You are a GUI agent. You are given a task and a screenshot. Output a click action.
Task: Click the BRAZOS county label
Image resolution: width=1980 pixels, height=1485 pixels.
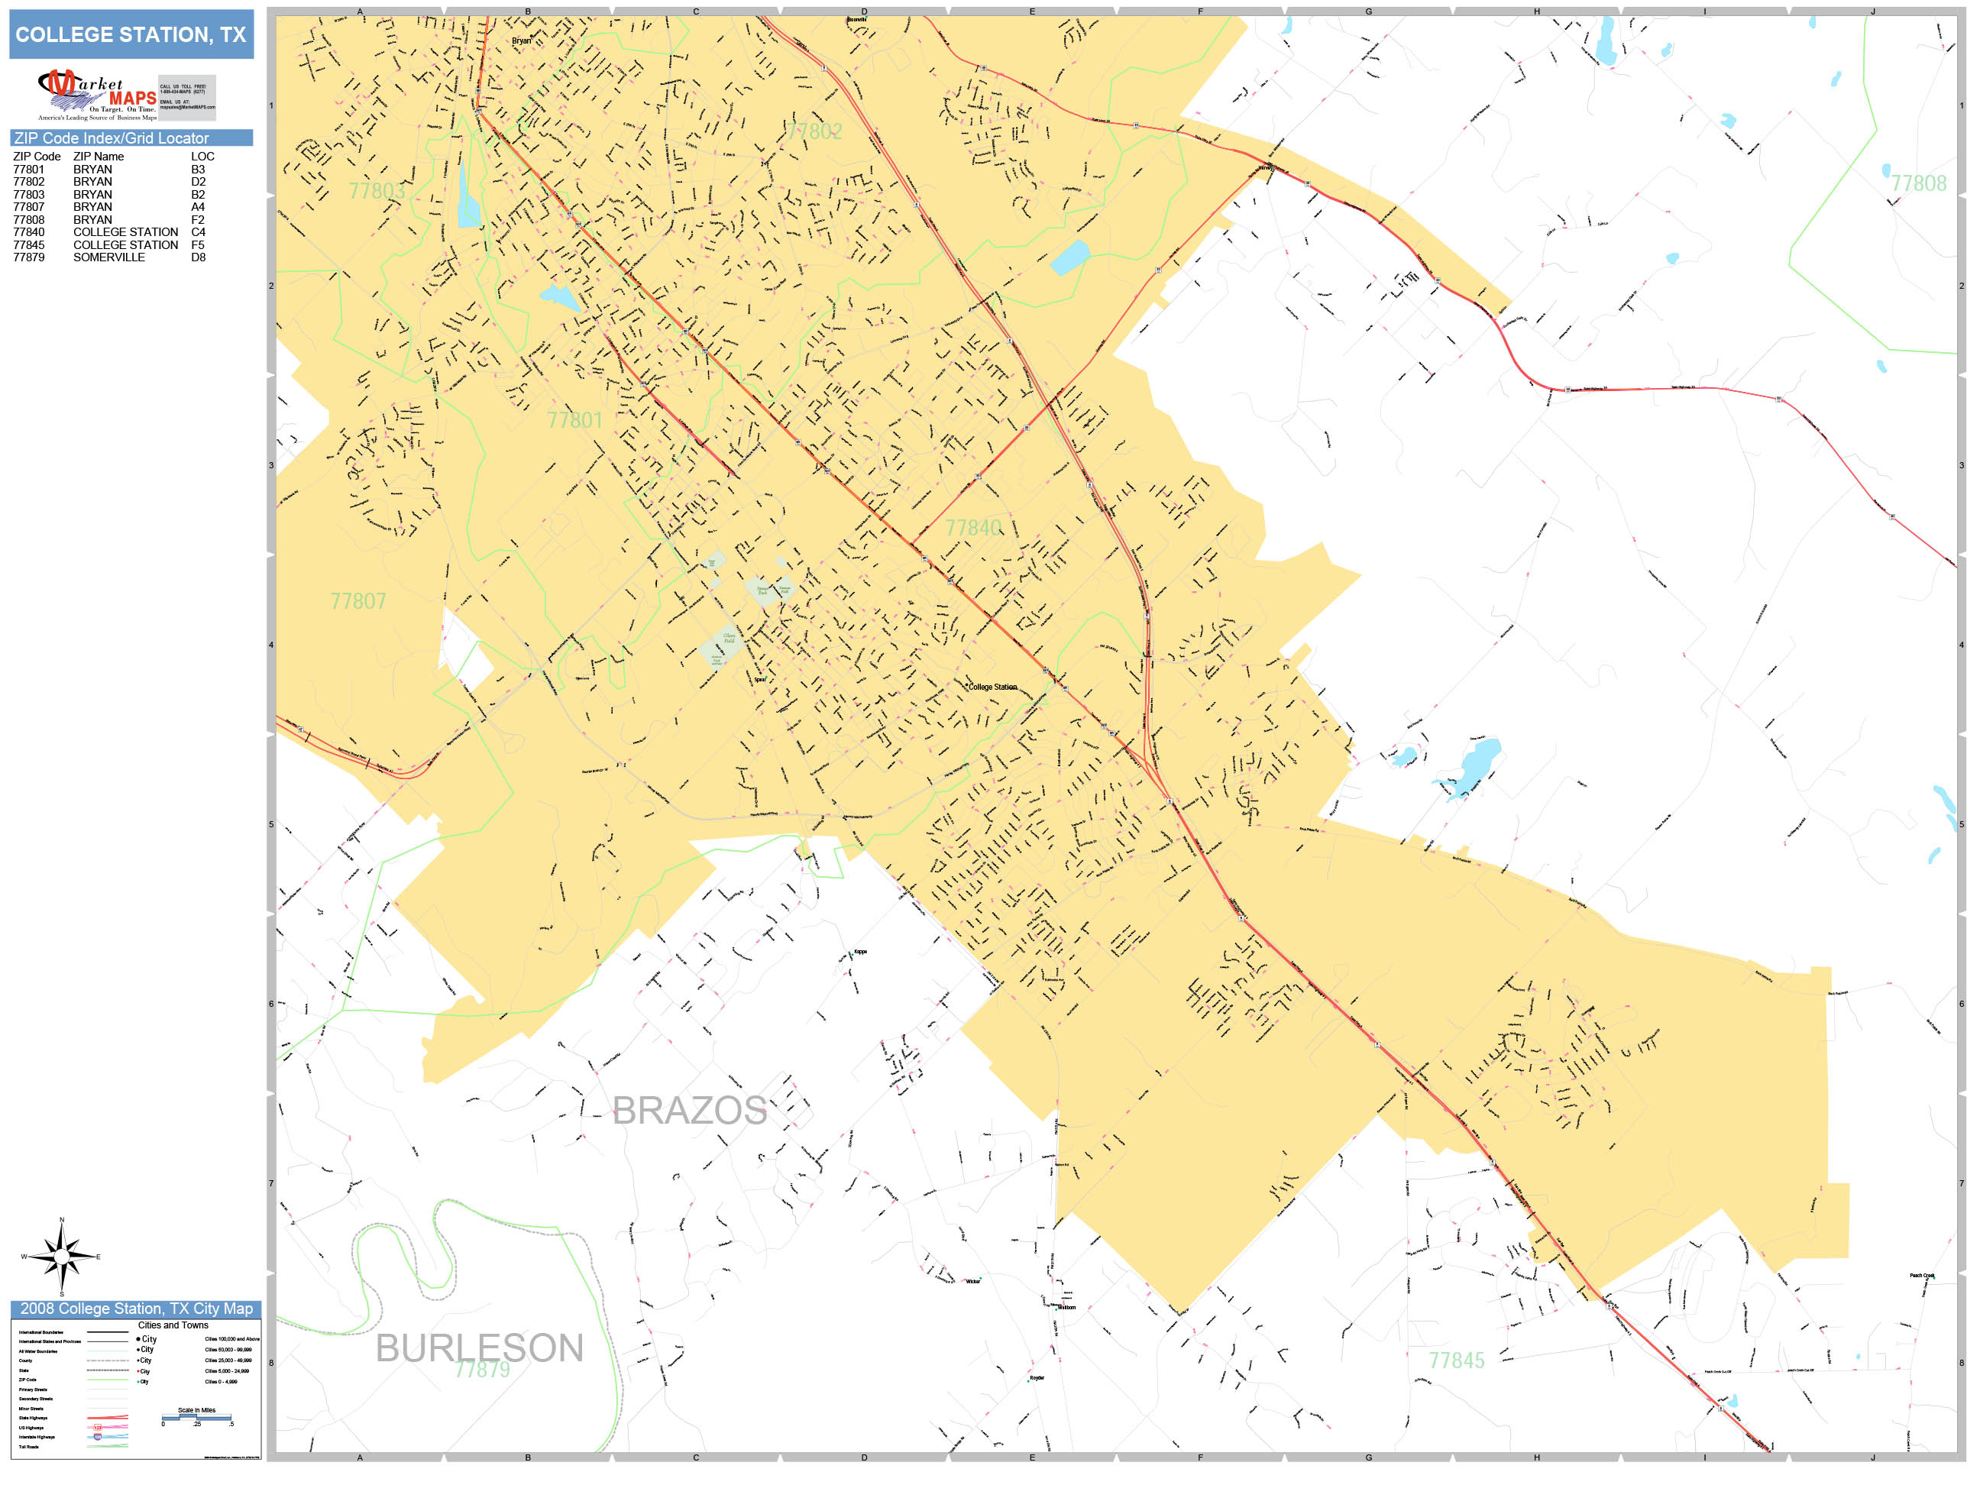pyautogui.click(x=688, y=1111)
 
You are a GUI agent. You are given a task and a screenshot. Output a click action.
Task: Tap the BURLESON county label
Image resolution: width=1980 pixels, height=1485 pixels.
pyautogui.click(x=479, y=1348)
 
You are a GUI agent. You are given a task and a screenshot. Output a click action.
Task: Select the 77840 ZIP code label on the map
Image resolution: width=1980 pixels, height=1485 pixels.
pyautogui.click(x=973, y=528)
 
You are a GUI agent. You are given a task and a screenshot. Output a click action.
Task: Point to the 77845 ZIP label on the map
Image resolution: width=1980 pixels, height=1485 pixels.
pyautogui.click(x=1457, y=1360)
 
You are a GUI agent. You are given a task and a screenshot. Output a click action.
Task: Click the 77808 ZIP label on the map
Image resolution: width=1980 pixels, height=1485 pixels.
pyautogui.click(x=1918, y=183)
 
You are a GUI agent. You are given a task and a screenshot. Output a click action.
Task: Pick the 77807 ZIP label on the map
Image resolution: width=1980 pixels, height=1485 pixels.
pyautogui.click(x=358, y=601)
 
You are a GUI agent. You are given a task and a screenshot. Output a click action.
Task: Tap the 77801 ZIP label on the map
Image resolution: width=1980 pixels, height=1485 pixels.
pyautogui.click(x=574, y=420)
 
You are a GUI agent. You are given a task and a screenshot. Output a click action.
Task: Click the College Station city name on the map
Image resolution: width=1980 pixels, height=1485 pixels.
pyautogui.click(x=993, y=687)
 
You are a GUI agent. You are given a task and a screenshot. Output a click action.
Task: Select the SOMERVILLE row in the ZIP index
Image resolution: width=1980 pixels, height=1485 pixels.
pyautogui.click(x=109, y=257)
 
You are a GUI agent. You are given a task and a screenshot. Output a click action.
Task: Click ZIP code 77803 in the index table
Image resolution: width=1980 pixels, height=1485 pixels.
pyautogui.click(x=28, y=194)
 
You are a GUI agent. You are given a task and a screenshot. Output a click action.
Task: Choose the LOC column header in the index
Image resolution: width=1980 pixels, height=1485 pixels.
pyautogui.click(x=202, y=157)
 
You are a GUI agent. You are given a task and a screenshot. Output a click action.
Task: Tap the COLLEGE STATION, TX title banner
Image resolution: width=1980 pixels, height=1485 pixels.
pyautogui.click(x=131, y=35)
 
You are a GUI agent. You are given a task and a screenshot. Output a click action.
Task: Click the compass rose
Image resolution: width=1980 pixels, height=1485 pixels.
pyautogui.click(x=62, y=1257)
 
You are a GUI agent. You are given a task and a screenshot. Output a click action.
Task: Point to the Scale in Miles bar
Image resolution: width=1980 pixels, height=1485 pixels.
pyautogui.click(x=196, y=1418)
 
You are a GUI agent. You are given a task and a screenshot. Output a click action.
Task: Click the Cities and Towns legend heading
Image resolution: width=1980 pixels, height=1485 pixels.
pyautogui.click(x=173, y=1325)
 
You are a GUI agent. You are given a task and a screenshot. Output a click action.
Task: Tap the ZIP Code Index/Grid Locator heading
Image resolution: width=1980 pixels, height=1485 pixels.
pyautogui.click(x=112, y=137)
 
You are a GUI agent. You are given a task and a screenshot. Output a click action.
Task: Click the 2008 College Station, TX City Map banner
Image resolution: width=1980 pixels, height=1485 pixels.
pyautogui.click(x=136, y=1309)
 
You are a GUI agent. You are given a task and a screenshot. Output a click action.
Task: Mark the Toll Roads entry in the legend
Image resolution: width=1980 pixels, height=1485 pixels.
pyautogui.click(x=28, y=1447)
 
